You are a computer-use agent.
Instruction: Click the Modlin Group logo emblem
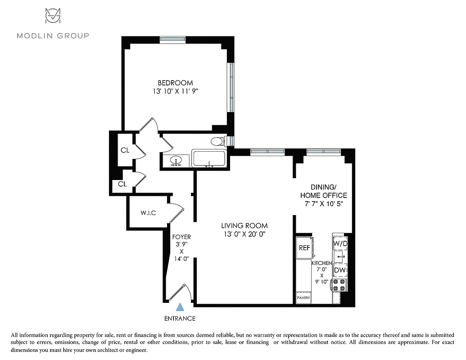pos(53,16)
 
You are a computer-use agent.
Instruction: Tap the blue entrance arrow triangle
pos(180,307)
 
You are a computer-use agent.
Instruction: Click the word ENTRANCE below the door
pos(180,319)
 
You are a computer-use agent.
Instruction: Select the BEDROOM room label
pos(175,83)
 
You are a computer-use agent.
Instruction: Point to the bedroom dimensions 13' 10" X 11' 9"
pos(175,91)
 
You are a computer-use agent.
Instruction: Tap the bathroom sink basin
pos(176,160)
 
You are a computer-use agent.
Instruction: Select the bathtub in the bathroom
pos(209,159)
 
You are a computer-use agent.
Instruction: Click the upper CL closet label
pos(125,150)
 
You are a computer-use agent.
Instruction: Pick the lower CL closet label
pos(122,184)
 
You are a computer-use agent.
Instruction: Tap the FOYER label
pos(181,237)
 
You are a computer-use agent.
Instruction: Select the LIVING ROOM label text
pos(244,225)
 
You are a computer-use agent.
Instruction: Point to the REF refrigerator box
pos(304,248)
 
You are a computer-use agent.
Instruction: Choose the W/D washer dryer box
pos(340,243)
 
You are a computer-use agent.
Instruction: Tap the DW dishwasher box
pos(340,270)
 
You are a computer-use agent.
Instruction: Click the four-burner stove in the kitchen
pos(339,285)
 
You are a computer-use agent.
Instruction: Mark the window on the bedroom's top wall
pos(173,39)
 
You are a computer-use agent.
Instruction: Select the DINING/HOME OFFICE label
pos(323,191)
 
